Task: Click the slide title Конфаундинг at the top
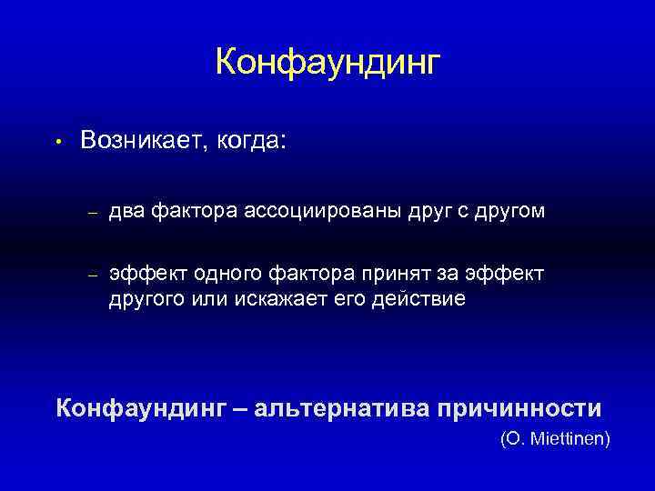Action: [327, 62]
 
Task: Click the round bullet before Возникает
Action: [55, 142]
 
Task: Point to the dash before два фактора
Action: [92, 213]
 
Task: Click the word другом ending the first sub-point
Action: [513, 212]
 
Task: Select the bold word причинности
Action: [520, 406]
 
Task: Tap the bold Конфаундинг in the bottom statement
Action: [140, 406]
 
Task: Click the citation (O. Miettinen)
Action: [556, 439]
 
